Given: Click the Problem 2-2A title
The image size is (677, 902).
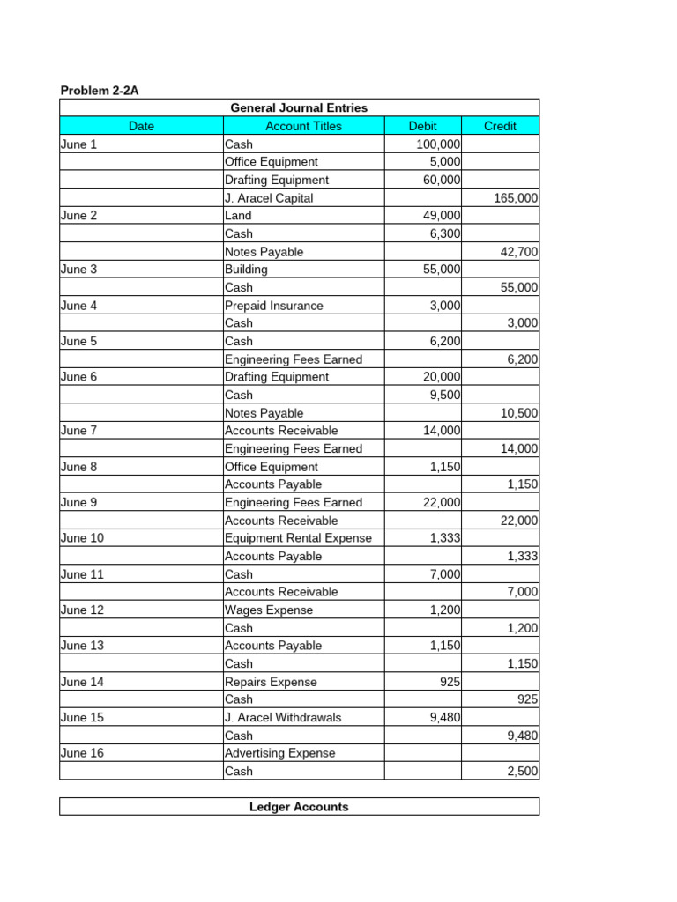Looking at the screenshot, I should [100, 91].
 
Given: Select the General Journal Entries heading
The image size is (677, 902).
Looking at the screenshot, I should [299, 108].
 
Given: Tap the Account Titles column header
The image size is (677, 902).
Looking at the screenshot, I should [303, 126].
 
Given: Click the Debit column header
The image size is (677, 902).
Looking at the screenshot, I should [422, 126].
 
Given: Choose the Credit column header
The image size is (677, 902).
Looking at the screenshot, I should [500, 126].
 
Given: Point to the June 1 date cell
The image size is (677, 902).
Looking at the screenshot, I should [79, 144].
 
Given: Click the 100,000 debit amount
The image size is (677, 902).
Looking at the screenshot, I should [438, 144].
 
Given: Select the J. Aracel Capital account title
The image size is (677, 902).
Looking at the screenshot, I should [269, 198].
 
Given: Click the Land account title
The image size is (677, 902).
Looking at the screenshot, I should [238, 216].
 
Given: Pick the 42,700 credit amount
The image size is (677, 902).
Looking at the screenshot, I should [518, 252].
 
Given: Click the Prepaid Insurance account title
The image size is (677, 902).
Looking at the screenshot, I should [274, 306].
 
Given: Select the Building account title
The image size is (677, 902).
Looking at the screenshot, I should [246, 270].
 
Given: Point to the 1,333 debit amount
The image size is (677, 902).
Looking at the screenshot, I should [445, 538].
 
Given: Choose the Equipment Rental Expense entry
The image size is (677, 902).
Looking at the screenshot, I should [298, 538].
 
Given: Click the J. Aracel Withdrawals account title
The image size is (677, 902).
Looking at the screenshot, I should [283, 717].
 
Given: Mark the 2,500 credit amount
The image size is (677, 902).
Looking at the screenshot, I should [522, 772].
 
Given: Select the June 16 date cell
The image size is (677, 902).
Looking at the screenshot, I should [82, 753].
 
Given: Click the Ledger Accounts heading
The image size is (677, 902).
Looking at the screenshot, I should [299, 807].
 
